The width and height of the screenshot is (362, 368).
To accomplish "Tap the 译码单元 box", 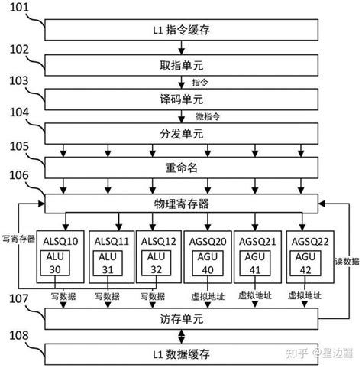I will (x=181, y=99).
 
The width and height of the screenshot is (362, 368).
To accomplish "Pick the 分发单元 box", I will (x=181, y=133).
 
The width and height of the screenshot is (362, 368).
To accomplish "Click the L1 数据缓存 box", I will (x=181, y=353).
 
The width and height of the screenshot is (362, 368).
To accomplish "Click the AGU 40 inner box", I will (x=207, y=264).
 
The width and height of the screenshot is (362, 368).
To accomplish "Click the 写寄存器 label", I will (x=19, y=238).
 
